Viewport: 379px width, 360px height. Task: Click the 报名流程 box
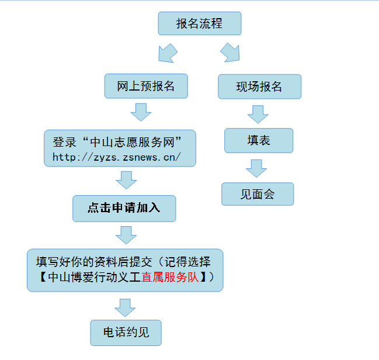[x=199, y=24]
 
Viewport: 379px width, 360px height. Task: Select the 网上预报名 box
[x=146, y=86]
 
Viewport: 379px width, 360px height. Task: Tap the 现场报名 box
[x=259, y=86]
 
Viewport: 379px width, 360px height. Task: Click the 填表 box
[x=259, y=140]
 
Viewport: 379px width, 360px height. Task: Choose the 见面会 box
[x=258, y=194]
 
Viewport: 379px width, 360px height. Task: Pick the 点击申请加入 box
[x=124, y=208]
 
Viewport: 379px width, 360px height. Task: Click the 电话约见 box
[x=126, y=333]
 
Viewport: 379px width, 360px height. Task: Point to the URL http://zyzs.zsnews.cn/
[x=117, y=157]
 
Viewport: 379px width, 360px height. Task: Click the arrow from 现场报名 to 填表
[x=258, y=113]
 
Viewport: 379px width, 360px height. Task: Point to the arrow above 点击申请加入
[x=126, y=179]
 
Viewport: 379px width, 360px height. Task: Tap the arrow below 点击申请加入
[x=126, y=234]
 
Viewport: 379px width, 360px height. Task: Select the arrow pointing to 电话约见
[x=124, y=307]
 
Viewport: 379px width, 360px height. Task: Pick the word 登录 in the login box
[x=64, y=142]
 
